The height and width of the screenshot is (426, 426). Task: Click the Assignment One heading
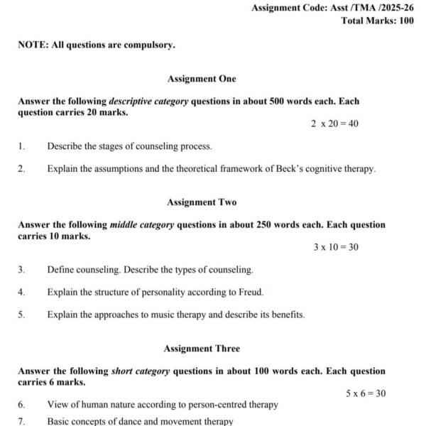point(202,79)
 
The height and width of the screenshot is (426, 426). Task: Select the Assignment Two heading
point(202,202)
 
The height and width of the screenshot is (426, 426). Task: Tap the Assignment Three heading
point(202,349)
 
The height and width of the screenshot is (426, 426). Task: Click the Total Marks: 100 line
point(377,21)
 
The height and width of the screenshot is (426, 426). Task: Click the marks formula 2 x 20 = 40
point(334,124)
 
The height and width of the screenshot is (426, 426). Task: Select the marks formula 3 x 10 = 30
point(336,247)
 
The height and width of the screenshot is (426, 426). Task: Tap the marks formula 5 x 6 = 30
point(366,393)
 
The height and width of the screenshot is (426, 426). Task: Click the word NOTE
point(33,45)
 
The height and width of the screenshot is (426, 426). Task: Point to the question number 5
point(21,315)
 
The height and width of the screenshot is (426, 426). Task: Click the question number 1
point(21,146)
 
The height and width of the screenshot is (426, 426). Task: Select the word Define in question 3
point(60,270)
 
